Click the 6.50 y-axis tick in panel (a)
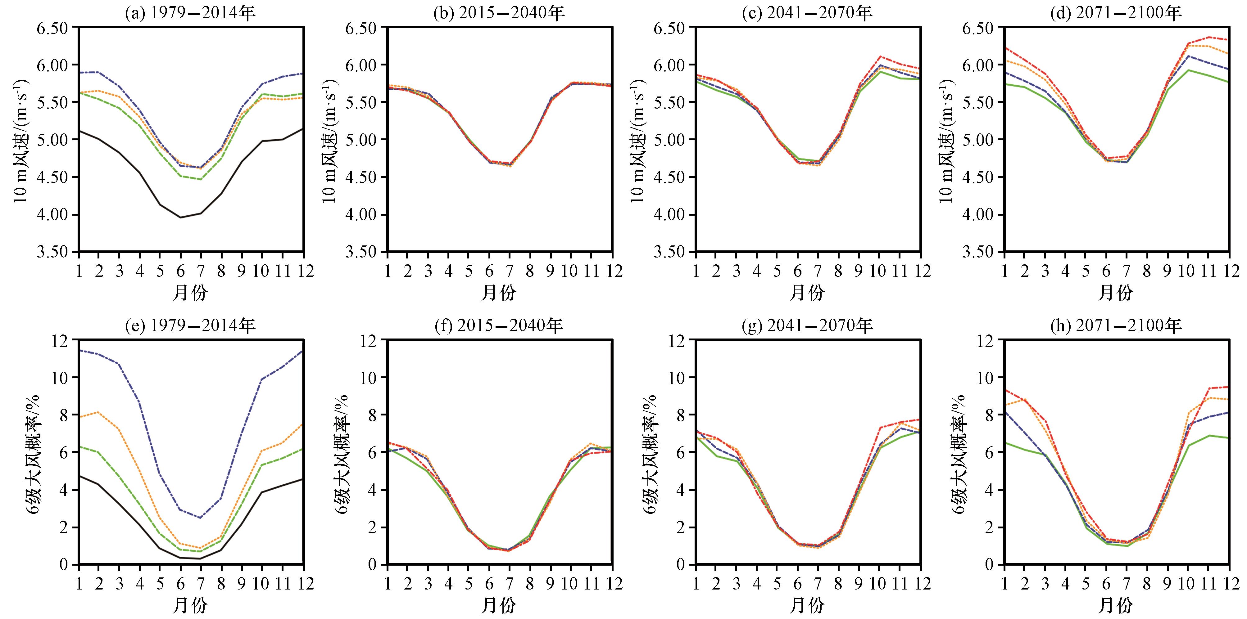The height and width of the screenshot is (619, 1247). click(x=54, y=28)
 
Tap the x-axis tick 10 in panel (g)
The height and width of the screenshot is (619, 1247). click(x=877, y=583)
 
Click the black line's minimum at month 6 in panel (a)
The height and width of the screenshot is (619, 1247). click(x=181, y=217)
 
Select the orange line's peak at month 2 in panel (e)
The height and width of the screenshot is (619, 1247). click(x=98, y=412)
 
